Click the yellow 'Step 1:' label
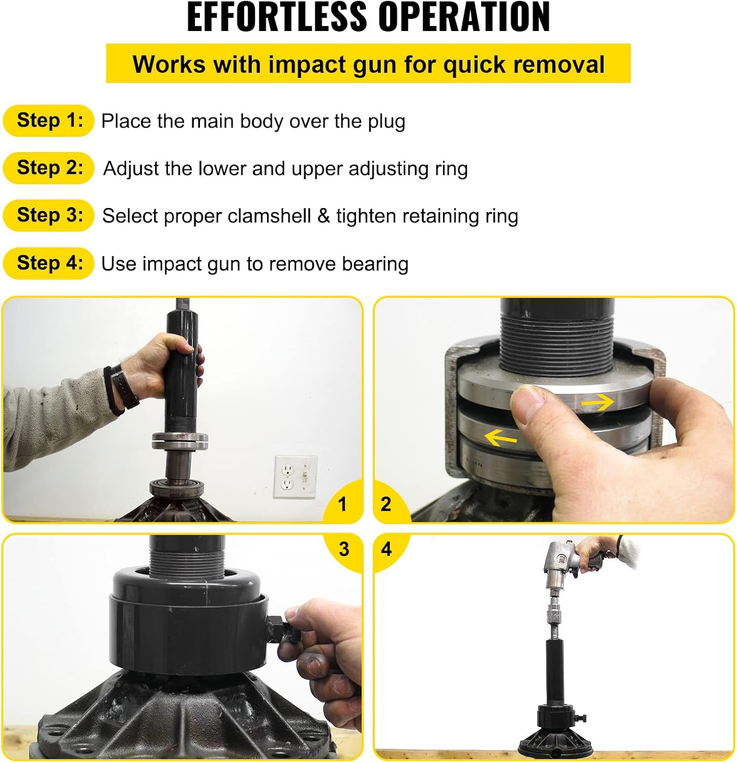click(49, 121)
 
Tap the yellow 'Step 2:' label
click(49, 168)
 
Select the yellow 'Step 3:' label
click(49, 215)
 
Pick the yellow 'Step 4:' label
click(49, 263)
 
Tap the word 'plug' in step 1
click(387, 122)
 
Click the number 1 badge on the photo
click(342, 504)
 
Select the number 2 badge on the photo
click(386, 504)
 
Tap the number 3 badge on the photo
click(344, 549)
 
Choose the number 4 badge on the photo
click(387, 549)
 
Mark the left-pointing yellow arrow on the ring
click(500, 437)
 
